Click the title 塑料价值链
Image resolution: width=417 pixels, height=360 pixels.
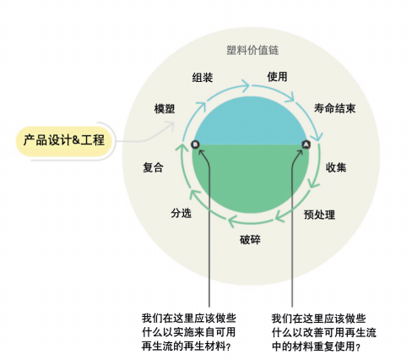click(x=252, y=50)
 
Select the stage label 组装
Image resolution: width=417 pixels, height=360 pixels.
click(x=203, y=78)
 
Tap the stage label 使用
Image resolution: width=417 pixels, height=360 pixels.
click(x=277, y=77)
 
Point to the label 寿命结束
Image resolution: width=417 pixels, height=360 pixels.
click(x=335, y=108)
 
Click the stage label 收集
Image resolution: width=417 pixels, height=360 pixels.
click(x=336, y=167)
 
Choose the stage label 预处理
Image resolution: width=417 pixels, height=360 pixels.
click(x=319, y=215)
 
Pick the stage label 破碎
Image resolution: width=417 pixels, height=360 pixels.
click(x=250, y=240)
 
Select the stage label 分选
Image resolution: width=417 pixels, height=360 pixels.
click(x=181, y=213)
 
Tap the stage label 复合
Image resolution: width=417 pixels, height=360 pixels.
click(x=153, y=167)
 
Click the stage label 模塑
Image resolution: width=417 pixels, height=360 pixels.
click(x=165, y=109)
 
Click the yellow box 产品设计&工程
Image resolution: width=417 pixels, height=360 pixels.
click(x=64, y=140)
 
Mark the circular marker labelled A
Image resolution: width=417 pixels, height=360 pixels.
click(x=306, y=145)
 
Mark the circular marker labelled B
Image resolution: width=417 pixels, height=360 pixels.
click(x=195, y=145)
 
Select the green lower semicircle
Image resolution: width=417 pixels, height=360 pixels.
click(x=251, y=175)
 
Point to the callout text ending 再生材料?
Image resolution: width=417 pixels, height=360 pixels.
click(x=189, y=332)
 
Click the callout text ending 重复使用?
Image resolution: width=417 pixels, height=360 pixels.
click(x=323, y=333)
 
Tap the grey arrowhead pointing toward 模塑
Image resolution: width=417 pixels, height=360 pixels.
click(x=171, y=125)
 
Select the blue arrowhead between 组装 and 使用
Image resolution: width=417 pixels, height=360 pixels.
click(x=246, y=85)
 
